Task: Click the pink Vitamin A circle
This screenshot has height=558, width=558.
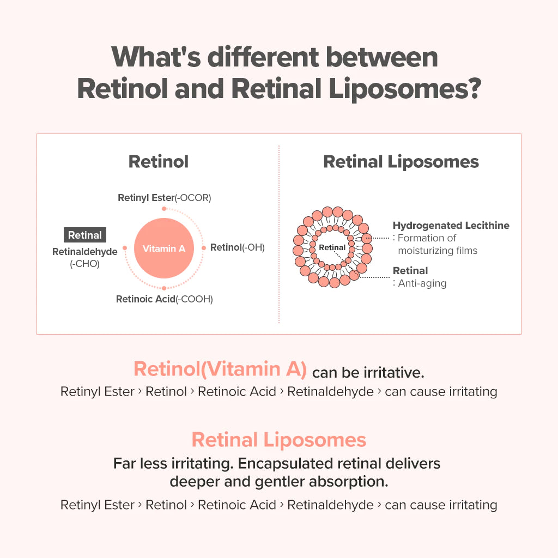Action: coord(163,248)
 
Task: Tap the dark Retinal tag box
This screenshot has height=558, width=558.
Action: coord(84,235)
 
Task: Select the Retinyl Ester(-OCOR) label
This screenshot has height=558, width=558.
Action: coord(165,198)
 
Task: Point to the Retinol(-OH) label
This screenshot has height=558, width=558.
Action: coord(238,247)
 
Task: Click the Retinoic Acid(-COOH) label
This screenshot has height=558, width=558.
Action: coord(165,299)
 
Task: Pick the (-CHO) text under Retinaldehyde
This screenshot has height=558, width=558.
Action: coord(84,264)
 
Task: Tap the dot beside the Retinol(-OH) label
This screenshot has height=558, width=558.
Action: coord(204,248)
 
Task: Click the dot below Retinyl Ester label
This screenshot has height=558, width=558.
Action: coord(163,209)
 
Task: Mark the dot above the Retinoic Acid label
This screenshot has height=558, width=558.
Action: coord(163,288)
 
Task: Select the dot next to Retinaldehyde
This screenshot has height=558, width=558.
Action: coord(125,248)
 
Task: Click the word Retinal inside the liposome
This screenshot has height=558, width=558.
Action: coord(332,247)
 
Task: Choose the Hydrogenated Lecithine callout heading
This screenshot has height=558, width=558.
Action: coord(451,225)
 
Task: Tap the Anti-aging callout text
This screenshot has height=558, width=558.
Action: coord(422,283)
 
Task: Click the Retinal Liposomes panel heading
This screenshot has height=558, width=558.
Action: coord(401,161)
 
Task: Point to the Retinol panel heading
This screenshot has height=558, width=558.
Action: coord(159,161)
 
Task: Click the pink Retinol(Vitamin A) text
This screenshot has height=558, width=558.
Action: coord(220,369)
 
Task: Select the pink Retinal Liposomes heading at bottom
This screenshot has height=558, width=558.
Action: coord(278,440)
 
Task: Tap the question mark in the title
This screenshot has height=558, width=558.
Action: coord(473,88)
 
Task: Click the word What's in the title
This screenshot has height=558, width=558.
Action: coord(156,57)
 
